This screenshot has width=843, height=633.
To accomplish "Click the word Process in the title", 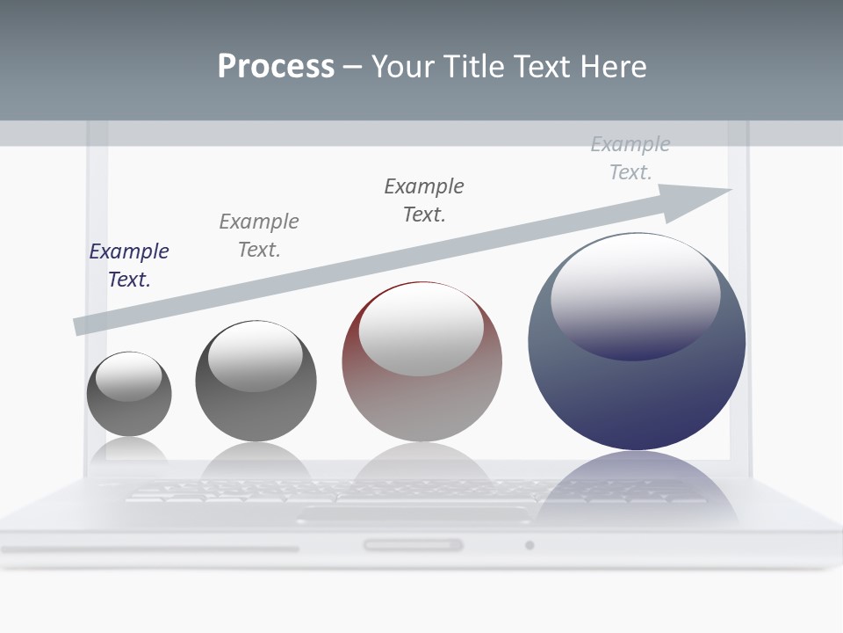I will [276, 67].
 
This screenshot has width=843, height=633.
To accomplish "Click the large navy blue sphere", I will [637, 387].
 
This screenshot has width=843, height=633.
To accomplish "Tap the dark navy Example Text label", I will [129, 266].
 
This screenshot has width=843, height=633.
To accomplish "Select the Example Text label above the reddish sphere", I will [424, 200].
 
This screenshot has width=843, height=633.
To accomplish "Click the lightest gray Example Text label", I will [630, 158].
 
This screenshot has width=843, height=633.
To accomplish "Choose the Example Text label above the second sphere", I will [259, 236].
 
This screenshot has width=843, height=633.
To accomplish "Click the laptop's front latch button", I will [413, 545].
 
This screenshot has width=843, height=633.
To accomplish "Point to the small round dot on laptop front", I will [530, 545].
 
